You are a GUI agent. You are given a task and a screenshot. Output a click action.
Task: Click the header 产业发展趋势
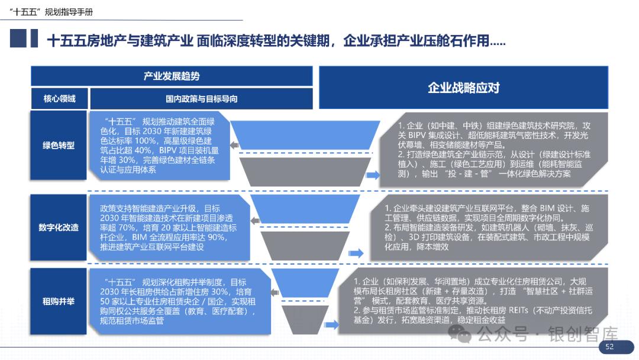click(172, 76)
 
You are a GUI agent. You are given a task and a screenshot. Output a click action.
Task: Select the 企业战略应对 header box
click(464, 88)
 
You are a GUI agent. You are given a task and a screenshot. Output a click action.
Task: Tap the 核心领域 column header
click(59, 99)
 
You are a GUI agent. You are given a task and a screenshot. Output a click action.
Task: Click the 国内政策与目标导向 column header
click(201, 99)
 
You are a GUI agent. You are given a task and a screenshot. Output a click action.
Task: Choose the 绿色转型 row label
click(59, 145)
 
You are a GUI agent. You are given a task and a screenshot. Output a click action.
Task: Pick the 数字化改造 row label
click(59, 227)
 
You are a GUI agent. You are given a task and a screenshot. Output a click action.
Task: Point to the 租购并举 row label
click(59, 301)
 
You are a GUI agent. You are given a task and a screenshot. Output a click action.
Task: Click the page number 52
click(609, 347)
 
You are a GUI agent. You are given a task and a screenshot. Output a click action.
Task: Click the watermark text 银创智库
click(583, 335)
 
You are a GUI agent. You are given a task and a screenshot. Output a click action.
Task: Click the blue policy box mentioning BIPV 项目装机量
click(159, 145)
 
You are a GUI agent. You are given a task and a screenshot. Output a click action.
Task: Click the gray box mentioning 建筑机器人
click(488, 227)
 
